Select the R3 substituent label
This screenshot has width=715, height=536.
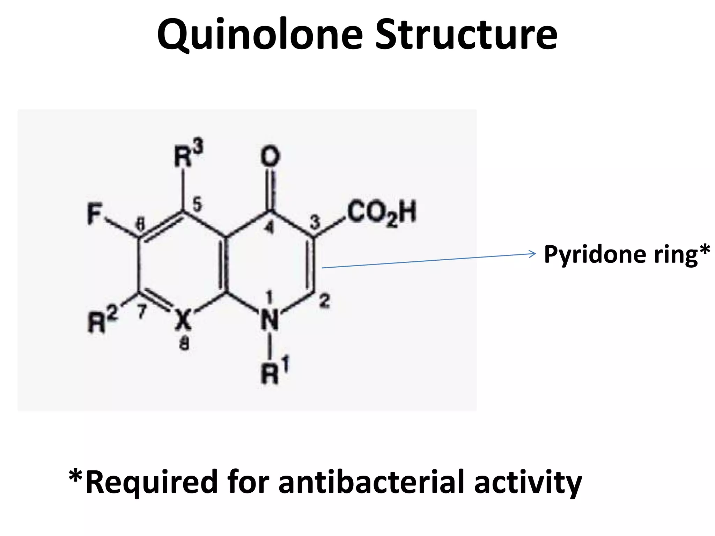188,154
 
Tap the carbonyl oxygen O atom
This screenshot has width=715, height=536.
271,156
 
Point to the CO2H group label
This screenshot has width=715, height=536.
382,213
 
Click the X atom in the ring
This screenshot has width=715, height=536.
183,320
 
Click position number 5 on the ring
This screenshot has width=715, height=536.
197,204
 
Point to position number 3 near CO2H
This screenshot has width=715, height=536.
315,223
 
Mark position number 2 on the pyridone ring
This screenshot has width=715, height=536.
324,301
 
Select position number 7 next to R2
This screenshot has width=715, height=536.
141,312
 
